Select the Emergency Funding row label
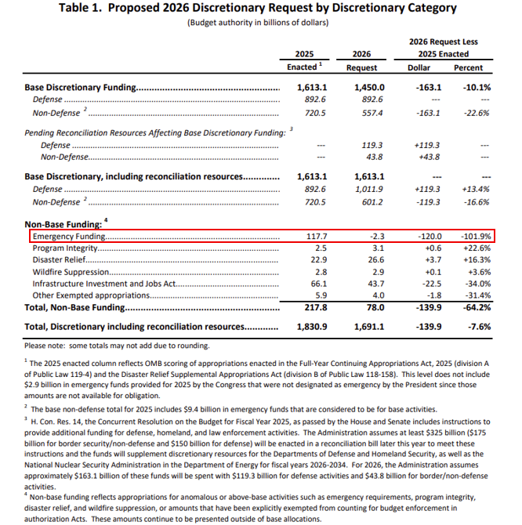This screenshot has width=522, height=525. click(x=69, y=236)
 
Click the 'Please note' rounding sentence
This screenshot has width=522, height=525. click(x=117, y=345)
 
